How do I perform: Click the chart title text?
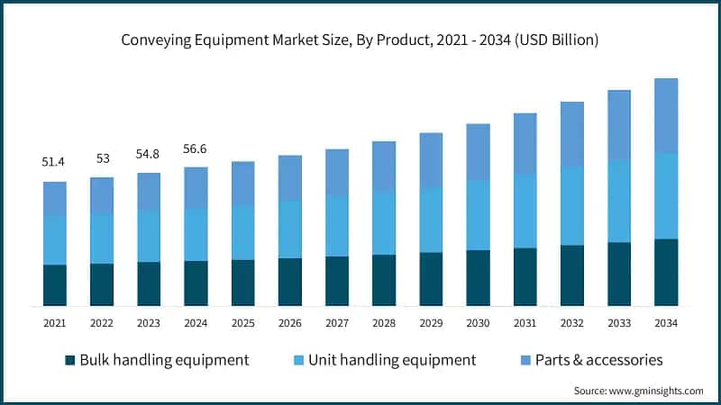[360, 40]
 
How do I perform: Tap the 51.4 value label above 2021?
[55, 162]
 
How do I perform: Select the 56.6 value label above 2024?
[196, 148]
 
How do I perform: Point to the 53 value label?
[102, 158]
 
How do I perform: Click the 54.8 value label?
[149, 154]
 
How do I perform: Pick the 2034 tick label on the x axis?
[666, 322]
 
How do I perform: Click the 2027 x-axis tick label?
[337, 322]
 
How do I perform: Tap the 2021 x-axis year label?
[55, 322]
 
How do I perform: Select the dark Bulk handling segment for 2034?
[666, 273]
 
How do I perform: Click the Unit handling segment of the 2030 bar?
[478, 215]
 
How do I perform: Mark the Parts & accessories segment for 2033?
[619, 125]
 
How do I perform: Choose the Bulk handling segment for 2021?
[55, 285]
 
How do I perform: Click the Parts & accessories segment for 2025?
[243, 184]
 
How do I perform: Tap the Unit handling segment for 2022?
[102, 238]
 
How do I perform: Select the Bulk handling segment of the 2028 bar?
[384, 280]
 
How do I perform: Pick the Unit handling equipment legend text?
[392, 360]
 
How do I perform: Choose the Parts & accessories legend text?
[598, 360]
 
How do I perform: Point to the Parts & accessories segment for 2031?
[525, 144]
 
